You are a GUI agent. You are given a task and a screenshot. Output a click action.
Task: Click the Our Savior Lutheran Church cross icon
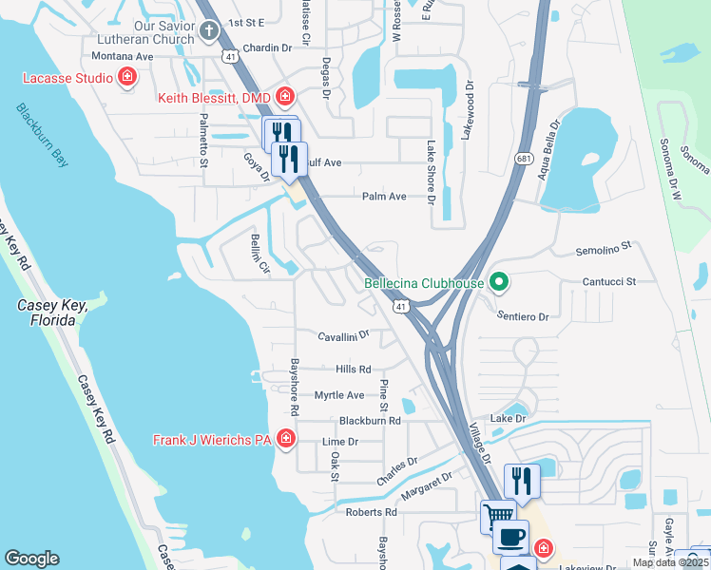211,33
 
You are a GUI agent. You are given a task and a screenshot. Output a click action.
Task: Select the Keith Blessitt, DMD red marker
284,96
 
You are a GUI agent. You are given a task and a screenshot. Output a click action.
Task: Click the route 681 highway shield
523,159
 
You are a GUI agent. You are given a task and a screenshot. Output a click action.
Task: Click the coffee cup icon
510,537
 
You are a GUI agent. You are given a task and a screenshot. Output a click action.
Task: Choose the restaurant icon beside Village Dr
522,481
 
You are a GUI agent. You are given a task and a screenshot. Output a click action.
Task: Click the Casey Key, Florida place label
52,313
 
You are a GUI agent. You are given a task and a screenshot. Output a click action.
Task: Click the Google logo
31,559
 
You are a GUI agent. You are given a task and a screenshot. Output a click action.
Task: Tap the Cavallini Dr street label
343,336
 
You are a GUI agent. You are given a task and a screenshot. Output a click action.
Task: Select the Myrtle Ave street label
339,395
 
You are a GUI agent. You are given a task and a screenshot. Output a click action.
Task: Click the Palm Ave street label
384,197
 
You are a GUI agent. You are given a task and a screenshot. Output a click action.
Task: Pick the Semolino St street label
605,252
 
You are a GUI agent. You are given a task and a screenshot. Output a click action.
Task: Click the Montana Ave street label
123,56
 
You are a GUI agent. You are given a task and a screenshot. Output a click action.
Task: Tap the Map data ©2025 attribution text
671,562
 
